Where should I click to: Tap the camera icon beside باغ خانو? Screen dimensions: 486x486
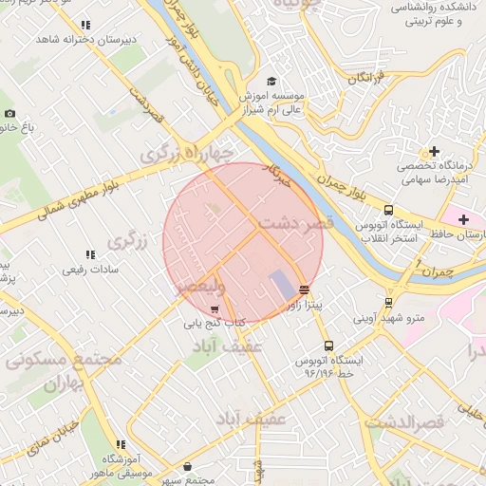pos(9,113)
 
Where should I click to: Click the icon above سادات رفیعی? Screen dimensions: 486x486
pos(90,255)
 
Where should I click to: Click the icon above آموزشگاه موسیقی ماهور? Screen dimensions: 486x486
pos(121,444)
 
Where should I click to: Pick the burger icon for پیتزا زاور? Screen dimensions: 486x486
pos(304,290)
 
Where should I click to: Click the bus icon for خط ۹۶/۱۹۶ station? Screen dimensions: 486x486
pos(328,346)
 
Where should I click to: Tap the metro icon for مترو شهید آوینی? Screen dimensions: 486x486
pos(387,304)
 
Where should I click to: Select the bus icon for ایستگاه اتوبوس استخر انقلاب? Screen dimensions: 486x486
pos(388,211)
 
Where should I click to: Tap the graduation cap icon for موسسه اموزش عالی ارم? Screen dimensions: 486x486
pos(271,82)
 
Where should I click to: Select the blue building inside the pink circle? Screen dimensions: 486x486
pos(283,283)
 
